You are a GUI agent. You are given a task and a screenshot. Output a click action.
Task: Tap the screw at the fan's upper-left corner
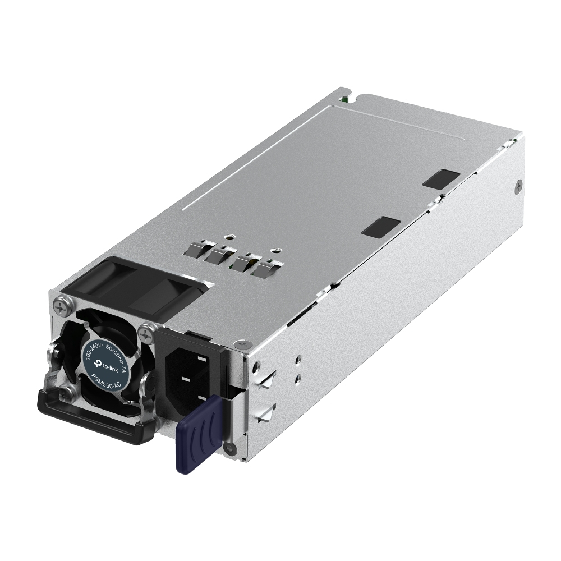point(61,307)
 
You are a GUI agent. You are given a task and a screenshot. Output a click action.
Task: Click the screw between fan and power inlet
point(148,335)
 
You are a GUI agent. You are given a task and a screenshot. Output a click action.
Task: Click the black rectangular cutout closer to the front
point(381,226)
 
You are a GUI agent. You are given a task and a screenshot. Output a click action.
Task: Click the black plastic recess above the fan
point(135,283)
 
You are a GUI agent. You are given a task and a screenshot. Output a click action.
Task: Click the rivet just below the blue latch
point(227,448)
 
